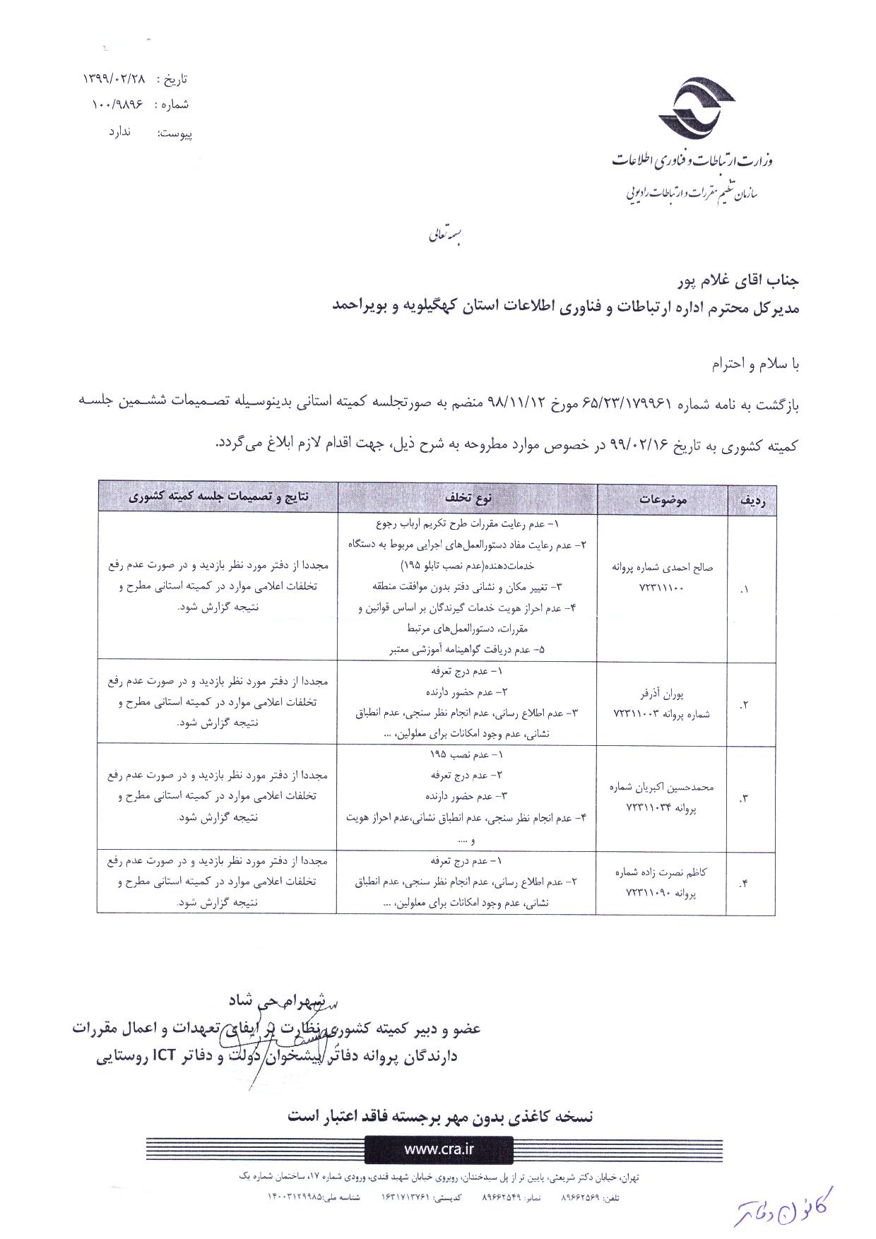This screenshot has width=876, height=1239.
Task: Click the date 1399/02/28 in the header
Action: point(116,78)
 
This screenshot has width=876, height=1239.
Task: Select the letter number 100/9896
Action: point(117,105)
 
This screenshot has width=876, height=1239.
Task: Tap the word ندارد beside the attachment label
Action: point(120,132)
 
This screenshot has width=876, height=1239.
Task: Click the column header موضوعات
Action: point(663,499)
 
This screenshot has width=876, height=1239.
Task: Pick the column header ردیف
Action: point(753,500)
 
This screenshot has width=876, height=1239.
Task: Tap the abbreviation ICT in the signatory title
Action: point(165,1057)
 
